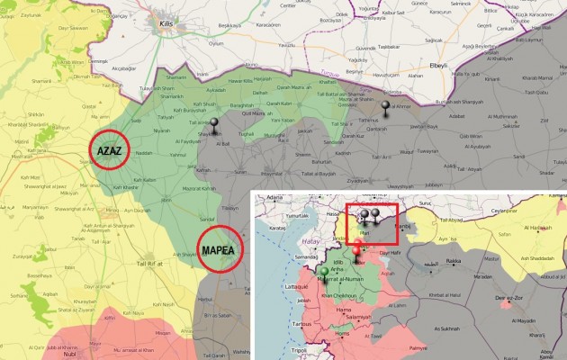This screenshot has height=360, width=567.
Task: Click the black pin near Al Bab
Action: coord(213,130)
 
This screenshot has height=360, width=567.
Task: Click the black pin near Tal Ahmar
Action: coord(387,109)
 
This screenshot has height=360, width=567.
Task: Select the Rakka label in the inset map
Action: coord(453,262)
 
